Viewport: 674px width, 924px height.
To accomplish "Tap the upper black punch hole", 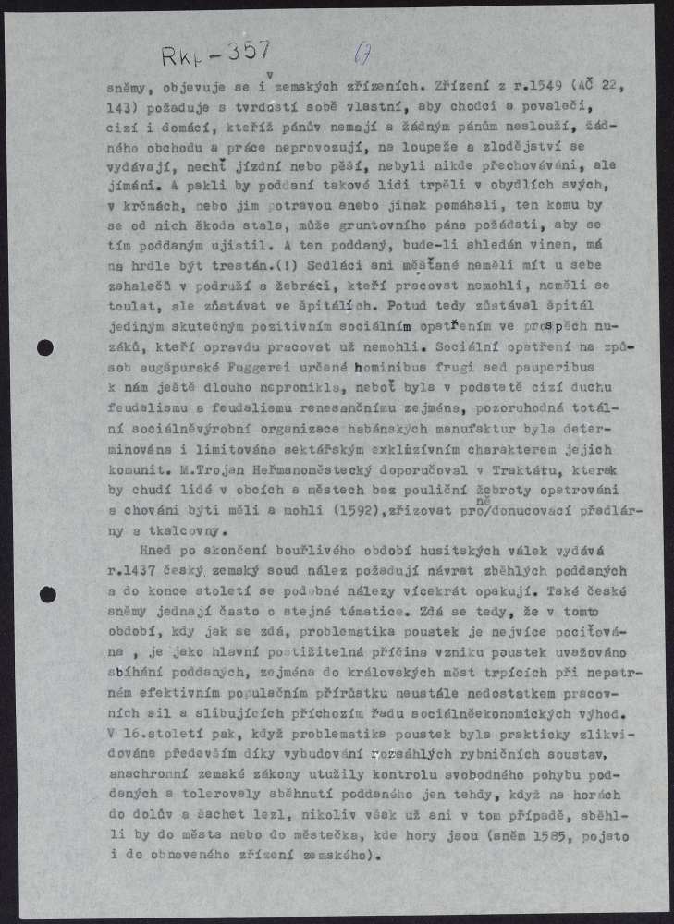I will point(46,347).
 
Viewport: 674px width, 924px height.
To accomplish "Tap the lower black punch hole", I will point(47,594).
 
